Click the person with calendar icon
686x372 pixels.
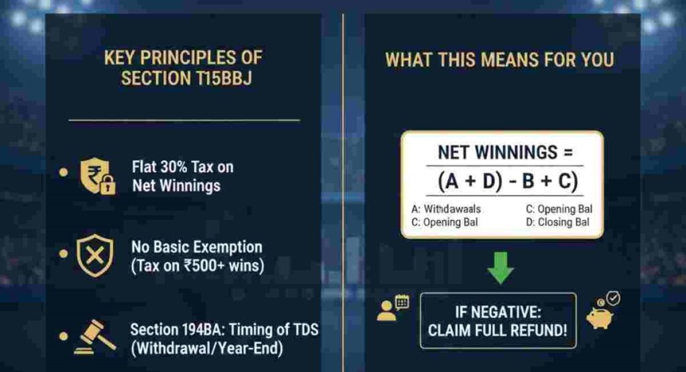[x=393, y=308]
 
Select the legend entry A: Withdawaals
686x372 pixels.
[x=445, y=209]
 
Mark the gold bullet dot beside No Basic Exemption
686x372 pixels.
[x=64, y=255]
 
